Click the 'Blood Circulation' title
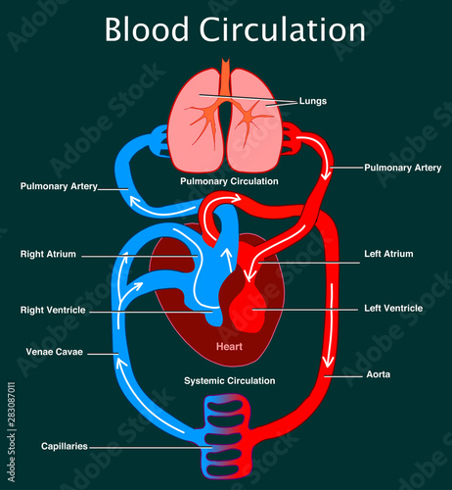[x=235, y=29]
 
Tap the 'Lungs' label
[x=313, y=101]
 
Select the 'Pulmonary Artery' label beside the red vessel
[x=402, y=168]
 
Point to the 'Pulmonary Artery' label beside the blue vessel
[x=59, y=186]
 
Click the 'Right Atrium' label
[x=48, y=254]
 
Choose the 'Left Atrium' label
[x=388, y=254]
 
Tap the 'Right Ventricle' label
[x=53, y=310]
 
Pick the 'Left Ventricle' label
[x=393, y=308]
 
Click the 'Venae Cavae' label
[x=55, y=352]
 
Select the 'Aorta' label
[x=379, y=374]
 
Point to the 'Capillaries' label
[x=65, y=446]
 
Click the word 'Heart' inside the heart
[x=229, y=346]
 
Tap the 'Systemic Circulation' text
[x=230, y=380]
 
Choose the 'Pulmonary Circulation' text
[x=229, y=181]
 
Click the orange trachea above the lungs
[x=225, y=76]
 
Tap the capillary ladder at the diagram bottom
[x=227, y=436]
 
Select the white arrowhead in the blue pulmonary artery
[x=135, y=201]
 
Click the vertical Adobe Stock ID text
[x=12, y=432]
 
